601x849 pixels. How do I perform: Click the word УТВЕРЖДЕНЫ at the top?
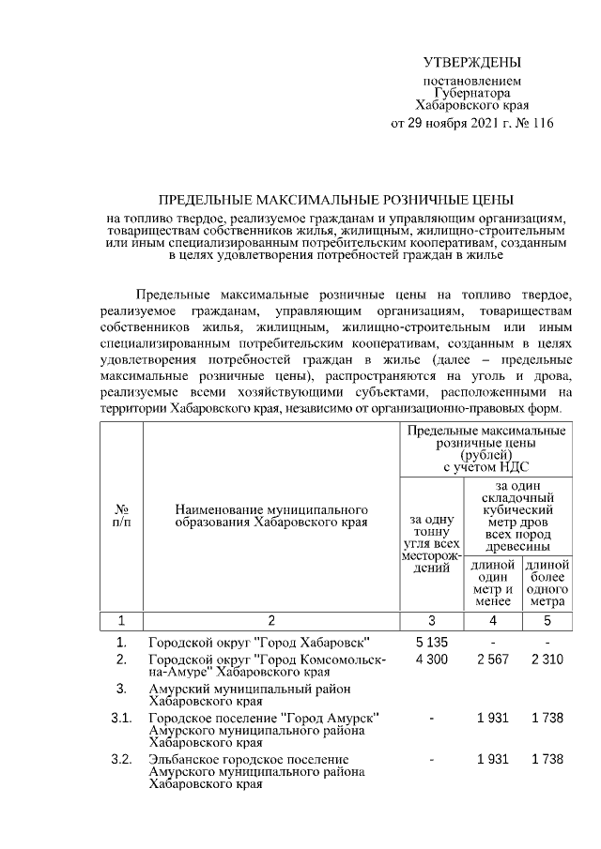(471, 63)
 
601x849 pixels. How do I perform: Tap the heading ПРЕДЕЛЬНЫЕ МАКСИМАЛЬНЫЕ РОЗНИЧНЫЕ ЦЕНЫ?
(335, 201)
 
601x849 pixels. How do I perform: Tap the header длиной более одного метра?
(547, 583)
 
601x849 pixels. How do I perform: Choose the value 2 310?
(547, 659)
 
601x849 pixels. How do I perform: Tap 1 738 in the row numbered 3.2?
(547, 758)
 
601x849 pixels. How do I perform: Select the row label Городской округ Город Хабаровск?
(258, 643)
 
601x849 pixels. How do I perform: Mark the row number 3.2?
(121, 758)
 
